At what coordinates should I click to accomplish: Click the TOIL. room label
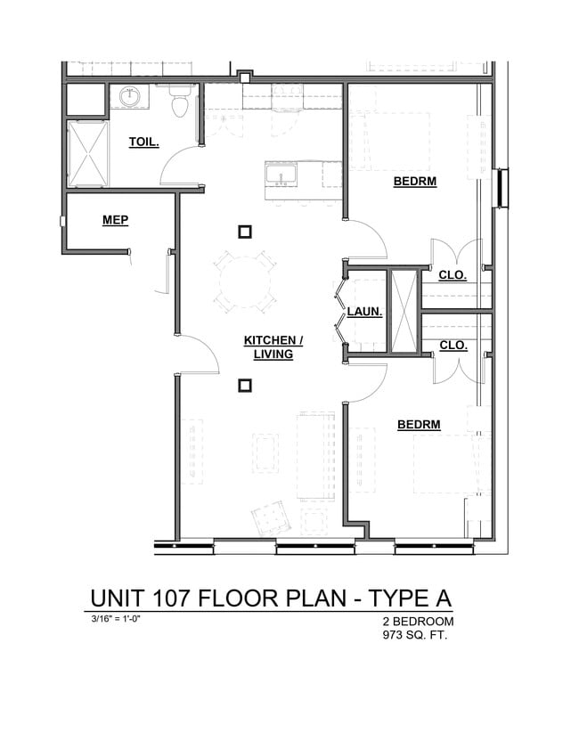pos(143,142)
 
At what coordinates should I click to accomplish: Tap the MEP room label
pos(115,220)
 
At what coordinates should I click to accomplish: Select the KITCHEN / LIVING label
pos(273,347)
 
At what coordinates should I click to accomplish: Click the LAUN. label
pos(365,312)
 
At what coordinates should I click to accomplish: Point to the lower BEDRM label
pos(419,425)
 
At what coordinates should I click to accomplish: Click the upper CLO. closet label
pos(453,275)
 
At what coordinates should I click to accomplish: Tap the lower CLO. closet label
pos(453,345)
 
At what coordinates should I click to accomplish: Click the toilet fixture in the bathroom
pos(181,103)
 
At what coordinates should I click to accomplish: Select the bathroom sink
pos(130,96)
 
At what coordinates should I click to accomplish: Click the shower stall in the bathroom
pos(86,153)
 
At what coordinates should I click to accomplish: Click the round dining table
pos(243,282)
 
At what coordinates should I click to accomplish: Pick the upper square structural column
pos(245,232)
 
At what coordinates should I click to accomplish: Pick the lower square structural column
pos(245,386)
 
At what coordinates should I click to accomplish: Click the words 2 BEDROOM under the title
pos(418,621)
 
